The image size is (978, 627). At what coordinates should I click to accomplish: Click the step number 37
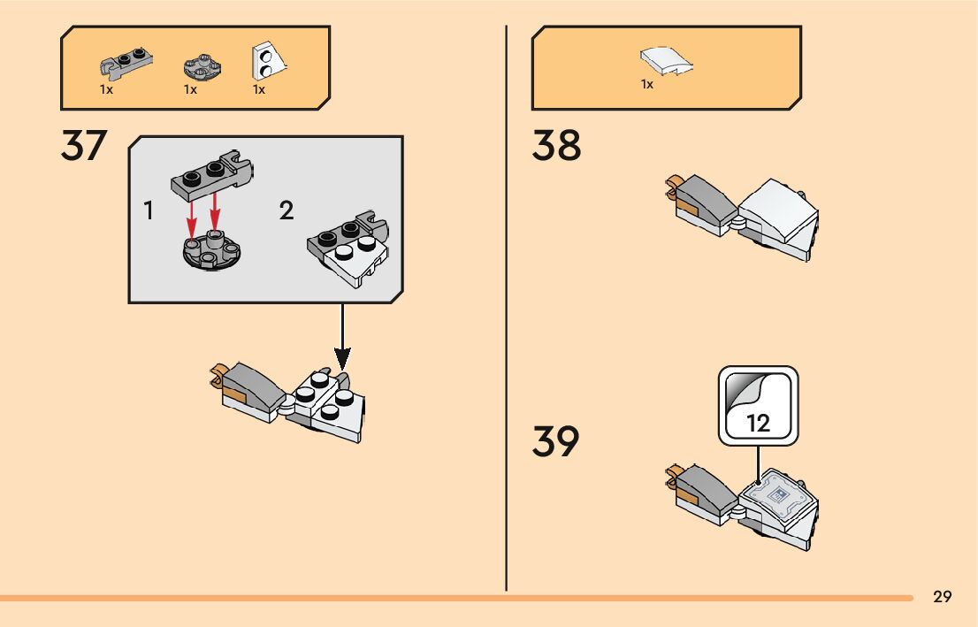(84, 147)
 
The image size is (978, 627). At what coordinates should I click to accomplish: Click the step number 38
(556, 147)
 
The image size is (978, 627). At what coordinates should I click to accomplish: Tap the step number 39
(556, 442)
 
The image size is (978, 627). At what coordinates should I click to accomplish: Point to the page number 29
(943, 597)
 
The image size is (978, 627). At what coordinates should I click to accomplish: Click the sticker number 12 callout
(759, 406)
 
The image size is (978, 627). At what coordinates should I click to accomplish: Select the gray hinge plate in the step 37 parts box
(126, 63)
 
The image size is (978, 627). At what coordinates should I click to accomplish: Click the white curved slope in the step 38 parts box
(666, 60)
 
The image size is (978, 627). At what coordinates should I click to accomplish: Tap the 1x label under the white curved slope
(647, 85)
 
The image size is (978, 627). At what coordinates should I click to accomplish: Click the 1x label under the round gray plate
(190, 90)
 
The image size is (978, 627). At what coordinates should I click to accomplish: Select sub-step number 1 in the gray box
(149, 210)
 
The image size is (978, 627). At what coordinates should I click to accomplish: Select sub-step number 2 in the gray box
(286, 210)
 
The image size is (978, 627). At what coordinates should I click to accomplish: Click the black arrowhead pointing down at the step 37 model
(342, 358)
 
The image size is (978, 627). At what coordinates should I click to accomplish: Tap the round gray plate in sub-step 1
(210, 250)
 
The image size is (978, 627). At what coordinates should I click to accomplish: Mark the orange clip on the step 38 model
(673, 183)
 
